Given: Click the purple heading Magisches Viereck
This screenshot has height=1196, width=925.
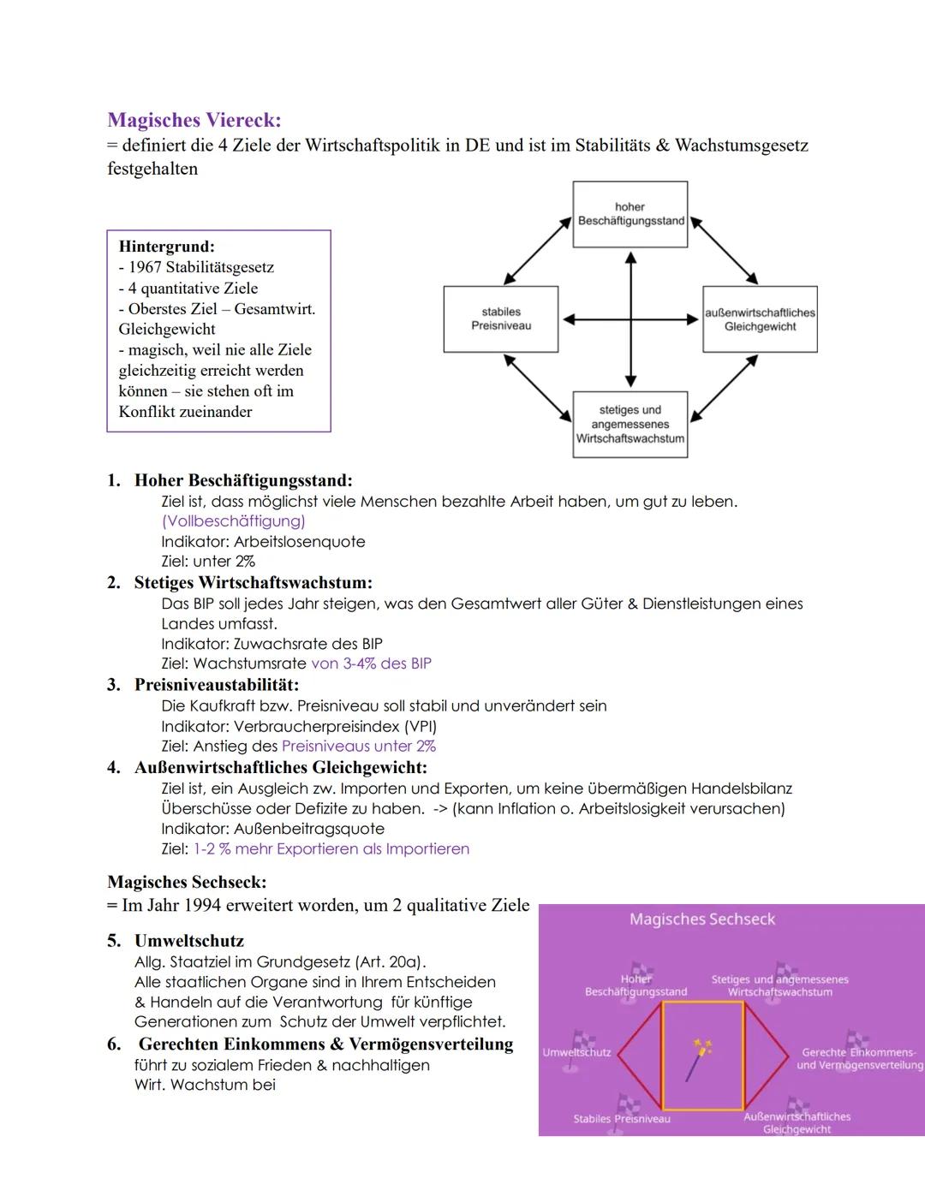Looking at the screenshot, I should point(194,120).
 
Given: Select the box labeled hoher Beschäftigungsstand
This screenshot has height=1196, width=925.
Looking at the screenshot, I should point(630,214).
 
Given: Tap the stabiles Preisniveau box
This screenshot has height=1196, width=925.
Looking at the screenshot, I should point(500,319).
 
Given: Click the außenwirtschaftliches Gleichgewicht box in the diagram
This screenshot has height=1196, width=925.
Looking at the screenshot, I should point(760,319).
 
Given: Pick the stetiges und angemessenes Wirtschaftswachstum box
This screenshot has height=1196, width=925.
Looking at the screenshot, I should point(630,425).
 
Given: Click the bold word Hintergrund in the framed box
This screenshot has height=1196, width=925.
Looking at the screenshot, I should point(166,247).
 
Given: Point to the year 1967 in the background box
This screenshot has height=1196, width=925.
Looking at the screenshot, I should point(145,267).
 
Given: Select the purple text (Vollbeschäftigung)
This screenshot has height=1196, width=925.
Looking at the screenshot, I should point(233,521).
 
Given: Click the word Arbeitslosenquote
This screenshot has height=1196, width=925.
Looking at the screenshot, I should point(299,542).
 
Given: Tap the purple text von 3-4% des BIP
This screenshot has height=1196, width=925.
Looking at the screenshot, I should point(371,663).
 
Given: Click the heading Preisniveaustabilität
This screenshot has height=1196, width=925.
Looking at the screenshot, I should point(216,685).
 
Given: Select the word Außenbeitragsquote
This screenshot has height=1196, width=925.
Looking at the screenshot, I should point(308,829).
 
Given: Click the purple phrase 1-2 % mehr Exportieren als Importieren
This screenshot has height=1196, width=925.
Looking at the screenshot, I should point(331,849).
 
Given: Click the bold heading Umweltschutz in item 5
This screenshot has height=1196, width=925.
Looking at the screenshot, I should point(188,941).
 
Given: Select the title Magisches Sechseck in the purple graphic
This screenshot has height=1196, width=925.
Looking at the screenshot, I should point(701,919).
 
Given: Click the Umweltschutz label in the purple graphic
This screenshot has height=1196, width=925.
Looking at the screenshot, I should point(576,1052).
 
